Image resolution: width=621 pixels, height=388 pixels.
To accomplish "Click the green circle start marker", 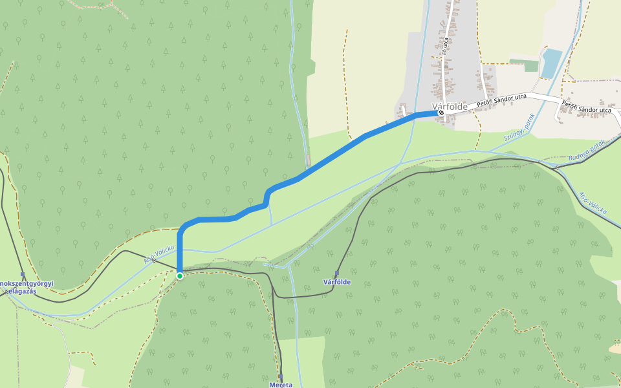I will (x=180, y=275).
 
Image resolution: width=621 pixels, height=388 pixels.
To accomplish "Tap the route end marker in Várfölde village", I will (x=441, y=113).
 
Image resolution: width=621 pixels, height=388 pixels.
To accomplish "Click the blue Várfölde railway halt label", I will (x=336, y=283).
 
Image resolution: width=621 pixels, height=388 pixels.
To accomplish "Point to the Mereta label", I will (x=281, y=385).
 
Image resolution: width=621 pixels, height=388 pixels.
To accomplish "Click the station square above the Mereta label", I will (x=281, y=376).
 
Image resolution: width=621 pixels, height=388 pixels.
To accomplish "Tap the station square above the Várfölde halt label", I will (x=336, y=274).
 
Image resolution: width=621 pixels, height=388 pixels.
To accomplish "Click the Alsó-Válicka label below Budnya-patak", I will (x=592, y=202).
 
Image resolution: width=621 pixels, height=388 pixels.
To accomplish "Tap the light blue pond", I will (x=551, y=63).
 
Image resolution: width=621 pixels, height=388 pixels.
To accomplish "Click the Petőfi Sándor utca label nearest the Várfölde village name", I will (x=501, y=100).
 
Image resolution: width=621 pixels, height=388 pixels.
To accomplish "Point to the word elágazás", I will (x=21, y=292).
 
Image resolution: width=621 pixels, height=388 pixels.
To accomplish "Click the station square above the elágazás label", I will (x=23, y=274).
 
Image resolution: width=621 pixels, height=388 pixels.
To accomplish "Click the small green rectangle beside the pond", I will (x=531, y=66).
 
